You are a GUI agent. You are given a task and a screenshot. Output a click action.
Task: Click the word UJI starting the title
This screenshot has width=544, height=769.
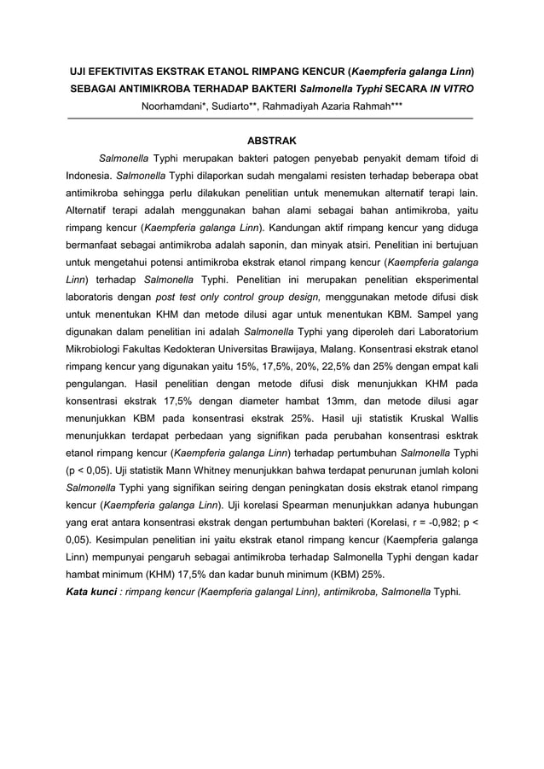78,71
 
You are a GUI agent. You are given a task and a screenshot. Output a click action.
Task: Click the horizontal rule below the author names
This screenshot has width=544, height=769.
271,118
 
